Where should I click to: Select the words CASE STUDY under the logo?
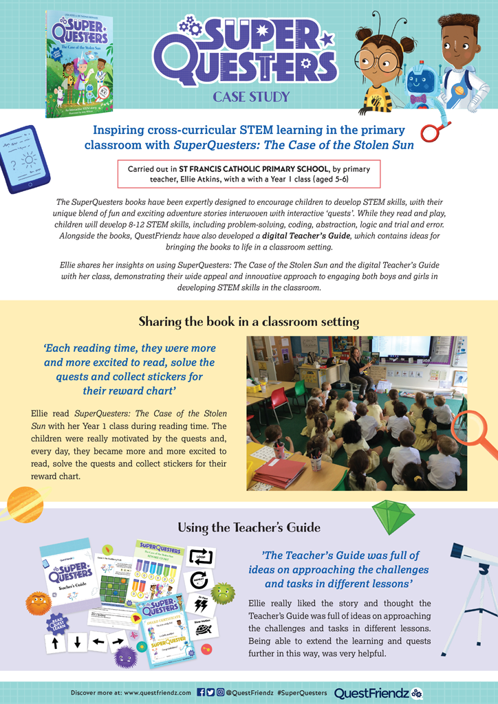[x=251, y=97]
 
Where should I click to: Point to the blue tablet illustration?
[x=25, y=159]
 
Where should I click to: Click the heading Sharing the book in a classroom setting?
[x=248, y=321]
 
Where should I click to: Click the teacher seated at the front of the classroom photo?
[x=357, y=371]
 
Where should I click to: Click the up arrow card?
[x=55, y=643]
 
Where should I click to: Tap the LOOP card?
[x=202, y=557]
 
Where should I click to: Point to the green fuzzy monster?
[x=222, y=593]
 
